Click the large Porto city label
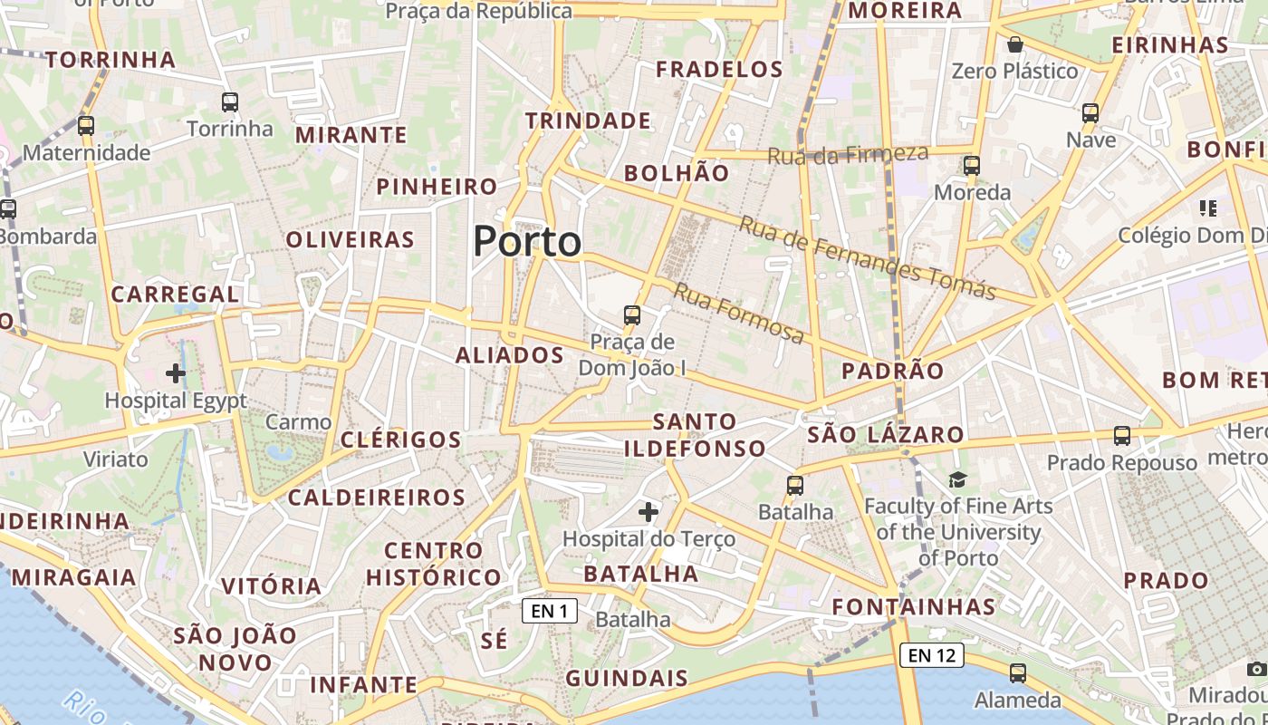527,241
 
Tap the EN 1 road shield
550,611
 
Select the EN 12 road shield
932,654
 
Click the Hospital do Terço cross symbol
648,512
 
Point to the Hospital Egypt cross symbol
176,372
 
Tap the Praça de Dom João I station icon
632,315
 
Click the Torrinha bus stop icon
230,102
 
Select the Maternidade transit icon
86,126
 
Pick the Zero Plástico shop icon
1015,44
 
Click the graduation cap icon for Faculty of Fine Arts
958,479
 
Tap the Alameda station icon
1018,673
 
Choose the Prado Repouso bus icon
1122,436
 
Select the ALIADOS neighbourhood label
510,355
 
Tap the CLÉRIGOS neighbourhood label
401,440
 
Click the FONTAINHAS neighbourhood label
914,606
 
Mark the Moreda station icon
972,166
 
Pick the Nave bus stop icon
1090,113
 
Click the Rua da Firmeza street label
848,154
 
